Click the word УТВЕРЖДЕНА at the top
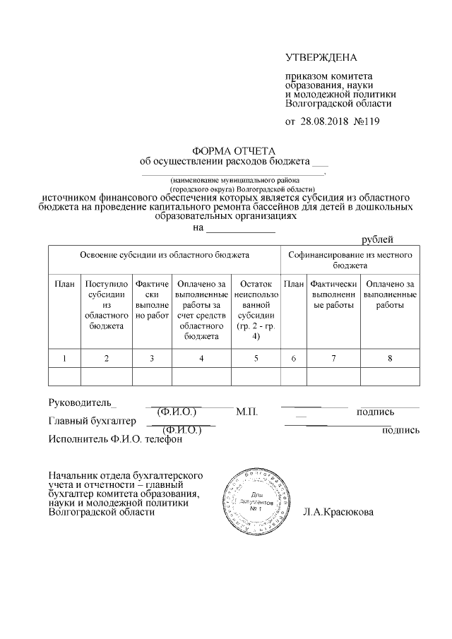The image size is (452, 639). [321, 56]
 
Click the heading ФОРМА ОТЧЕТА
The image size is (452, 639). [234, 150]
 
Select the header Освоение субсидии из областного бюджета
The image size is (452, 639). [164, 253]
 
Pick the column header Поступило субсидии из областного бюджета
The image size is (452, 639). [106, 305]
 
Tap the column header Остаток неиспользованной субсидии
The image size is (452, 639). [256, 310]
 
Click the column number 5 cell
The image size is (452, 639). [256, 359]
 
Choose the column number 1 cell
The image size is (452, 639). [64, 359]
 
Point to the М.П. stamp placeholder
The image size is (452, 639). [249, 412]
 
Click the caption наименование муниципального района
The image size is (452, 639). [233, 180]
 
